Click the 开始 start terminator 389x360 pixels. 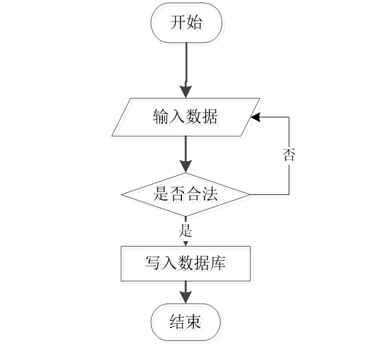pyautogui.click(x=187, y=25)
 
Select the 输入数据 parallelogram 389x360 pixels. pyautogui.click(x=187, y=119)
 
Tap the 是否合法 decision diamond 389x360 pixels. pyautogui.click(x=187, y=197)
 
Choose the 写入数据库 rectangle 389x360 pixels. pyautogui.click(x=187, y=266)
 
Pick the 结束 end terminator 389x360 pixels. pyautogui.click(x=187, y=324)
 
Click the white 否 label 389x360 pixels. pyautogui.click(x=289, y=156)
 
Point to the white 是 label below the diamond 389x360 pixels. pyautogui.click(x=186, y=231)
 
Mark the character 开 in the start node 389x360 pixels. pyautogui.click(x=180, y=26)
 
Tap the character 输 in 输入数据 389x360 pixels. pyautogui.click(x=164, y=119)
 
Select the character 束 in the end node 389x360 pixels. pyautogui.click(x=196, y=324)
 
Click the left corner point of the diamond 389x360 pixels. pyautogui.click(x=124, y=197)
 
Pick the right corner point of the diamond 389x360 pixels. pyautogui.click(x=252, y=197)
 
